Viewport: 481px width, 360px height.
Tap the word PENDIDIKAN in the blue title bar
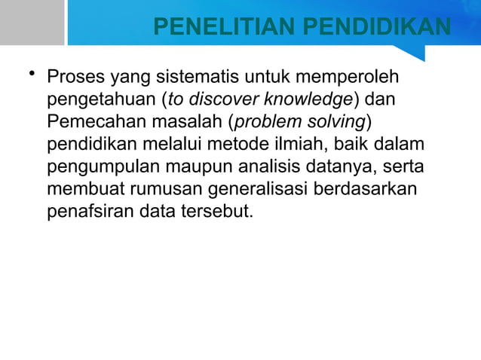coord(377,29)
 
